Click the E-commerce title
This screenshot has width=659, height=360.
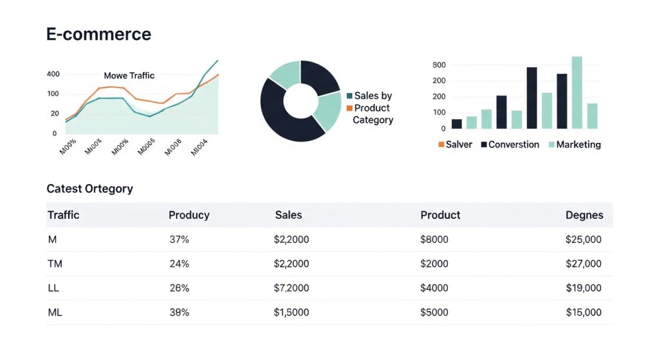tap(98, 34)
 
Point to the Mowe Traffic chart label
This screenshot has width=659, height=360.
tap(129, 75)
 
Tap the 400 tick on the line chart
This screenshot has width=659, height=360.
tap(53, 74)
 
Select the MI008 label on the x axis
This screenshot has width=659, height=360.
tap(172, 147)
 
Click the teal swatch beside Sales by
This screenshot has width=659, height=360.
tap(349, 96)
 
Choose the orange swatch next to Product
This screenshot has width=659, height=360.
tap(349, 108)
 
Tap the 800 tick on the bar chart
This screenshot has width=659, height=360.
tap(440, 65)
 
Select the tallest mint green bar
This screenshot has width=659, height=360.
tap(577, 93)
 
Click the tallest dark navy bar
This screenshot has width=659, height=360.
tap(532, 98)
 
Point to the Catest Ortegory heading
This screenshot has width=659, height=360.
tap(89, 189)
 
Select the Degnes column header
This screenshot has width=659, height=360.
tap(584, 215)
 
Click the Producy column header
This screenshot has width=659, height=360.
tap(189, 215)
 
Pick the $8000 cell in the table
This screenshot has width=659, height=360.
tap(434, 240)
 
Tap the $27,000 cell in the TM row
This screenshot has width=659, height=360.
tap(583, 263)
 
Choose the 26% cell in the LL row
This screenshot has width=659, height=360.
tap(179, 288)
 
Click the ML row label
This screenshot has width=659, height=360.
tap(55, 312)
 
